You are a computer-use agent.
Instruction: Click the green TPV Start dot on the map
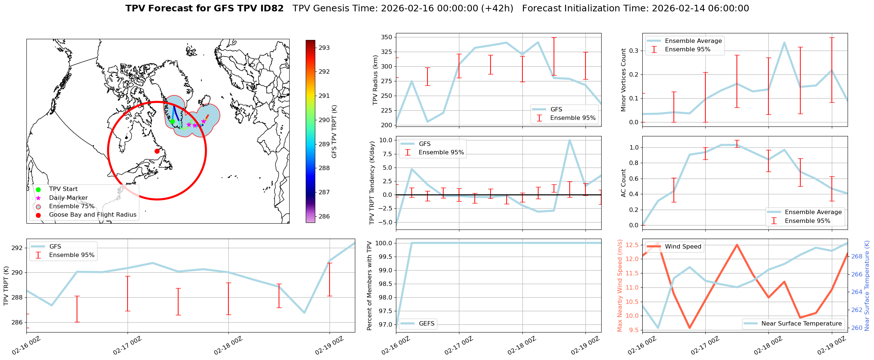(x=172, y=121)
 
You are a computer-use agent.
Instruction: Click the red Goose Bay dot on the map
(x=157, y=151)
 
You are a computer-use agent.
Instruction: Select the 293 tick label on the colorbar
(x=324, y=48)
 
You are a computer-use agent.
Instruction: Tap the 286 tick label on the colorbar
(x=324, y=216)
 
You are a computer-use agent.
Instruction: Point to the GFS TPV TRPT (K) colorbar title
(x=334, y=132)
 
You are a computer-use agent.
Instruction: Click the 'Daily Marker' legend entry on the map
(x=68, y=198)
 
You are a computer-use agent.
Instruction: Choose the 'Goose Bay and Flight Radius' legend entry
(x=92, y=215)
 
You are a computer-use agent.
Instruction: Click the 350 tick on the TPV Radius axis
(x=387, y=37)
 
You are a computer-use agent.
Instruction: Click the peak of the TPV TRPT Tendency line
(x=569, y=140)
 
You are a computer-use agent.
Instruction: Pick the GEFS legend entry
(x=426, y=323)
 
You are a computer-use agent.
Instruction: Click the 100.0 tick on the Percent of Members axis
(x=384, y=243)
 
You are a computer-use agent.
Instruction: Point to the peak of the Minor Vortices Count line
(x=784, y=43)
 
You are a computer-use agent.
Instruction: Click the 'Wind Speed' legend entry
(x=683, y=247)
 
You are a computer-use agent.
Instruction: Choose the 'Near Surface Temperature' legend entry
(x=801, y=323)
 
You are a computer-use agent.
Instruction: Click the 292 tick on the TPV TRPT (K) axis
(x=17, y=248)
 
